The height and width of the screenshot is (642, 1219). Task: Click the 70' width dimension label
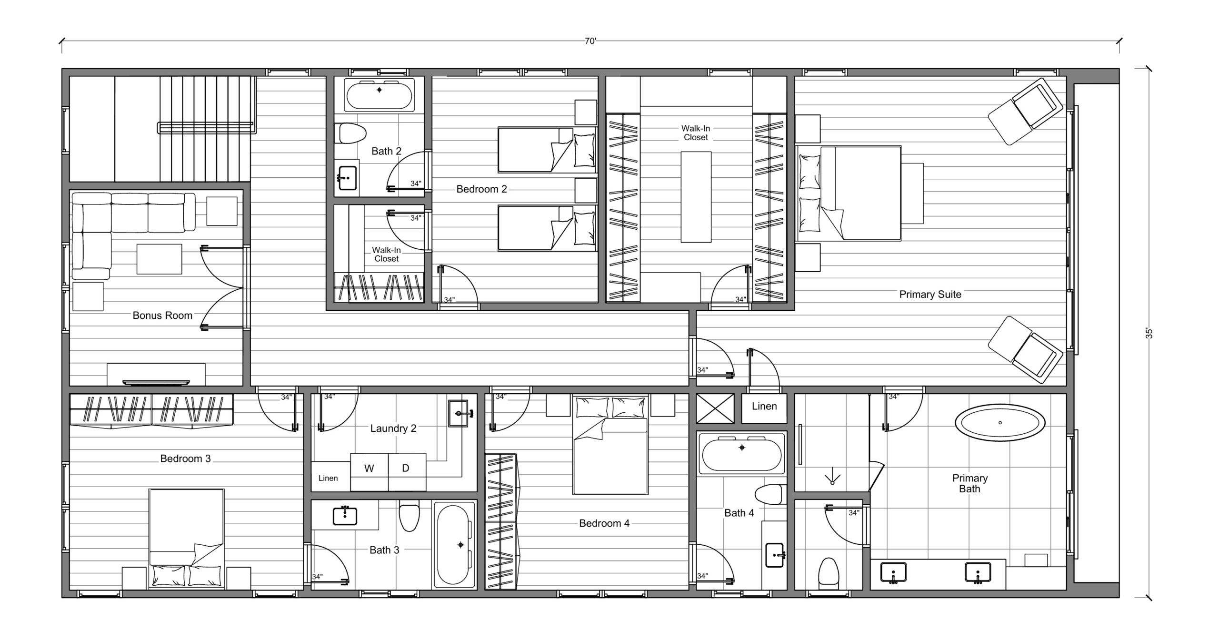(590, 41)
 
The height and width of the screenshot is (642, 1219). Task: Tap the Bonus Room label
(162, 316)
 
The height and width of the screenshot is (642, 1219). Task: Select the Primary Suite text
(930, 295)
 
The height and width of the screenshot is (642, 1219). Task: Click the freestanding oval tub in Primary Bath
(1000, 423)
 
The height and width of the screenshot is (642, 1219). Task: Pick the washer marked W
(369, 472)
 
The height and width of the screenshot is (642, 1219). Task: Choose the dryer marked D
(407, 472)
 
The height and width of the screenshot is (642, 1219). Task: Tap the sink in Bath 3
(345, 515)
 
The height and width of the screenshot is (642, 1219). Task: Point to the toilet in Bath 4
(770, 494)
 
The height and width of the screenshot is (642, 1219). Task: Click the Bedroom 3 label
(185, 459)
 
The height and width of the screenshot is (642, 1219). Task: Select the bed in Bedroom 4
(610, 445)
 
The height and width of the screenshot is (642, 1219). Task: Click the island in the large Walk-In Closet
(696, 197)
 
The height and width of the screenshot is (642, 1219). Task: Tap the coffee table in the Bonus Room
(159, 259)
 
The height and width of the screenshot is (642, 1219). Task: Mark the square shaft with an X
(715, 408)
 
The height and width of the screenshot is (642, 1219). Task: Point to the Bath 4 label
(739, 513)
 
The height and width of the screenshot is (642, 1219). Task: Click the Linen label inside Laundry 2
(328, 478)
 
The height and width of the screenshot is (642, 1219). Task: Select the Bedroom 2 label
(481, 189)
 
